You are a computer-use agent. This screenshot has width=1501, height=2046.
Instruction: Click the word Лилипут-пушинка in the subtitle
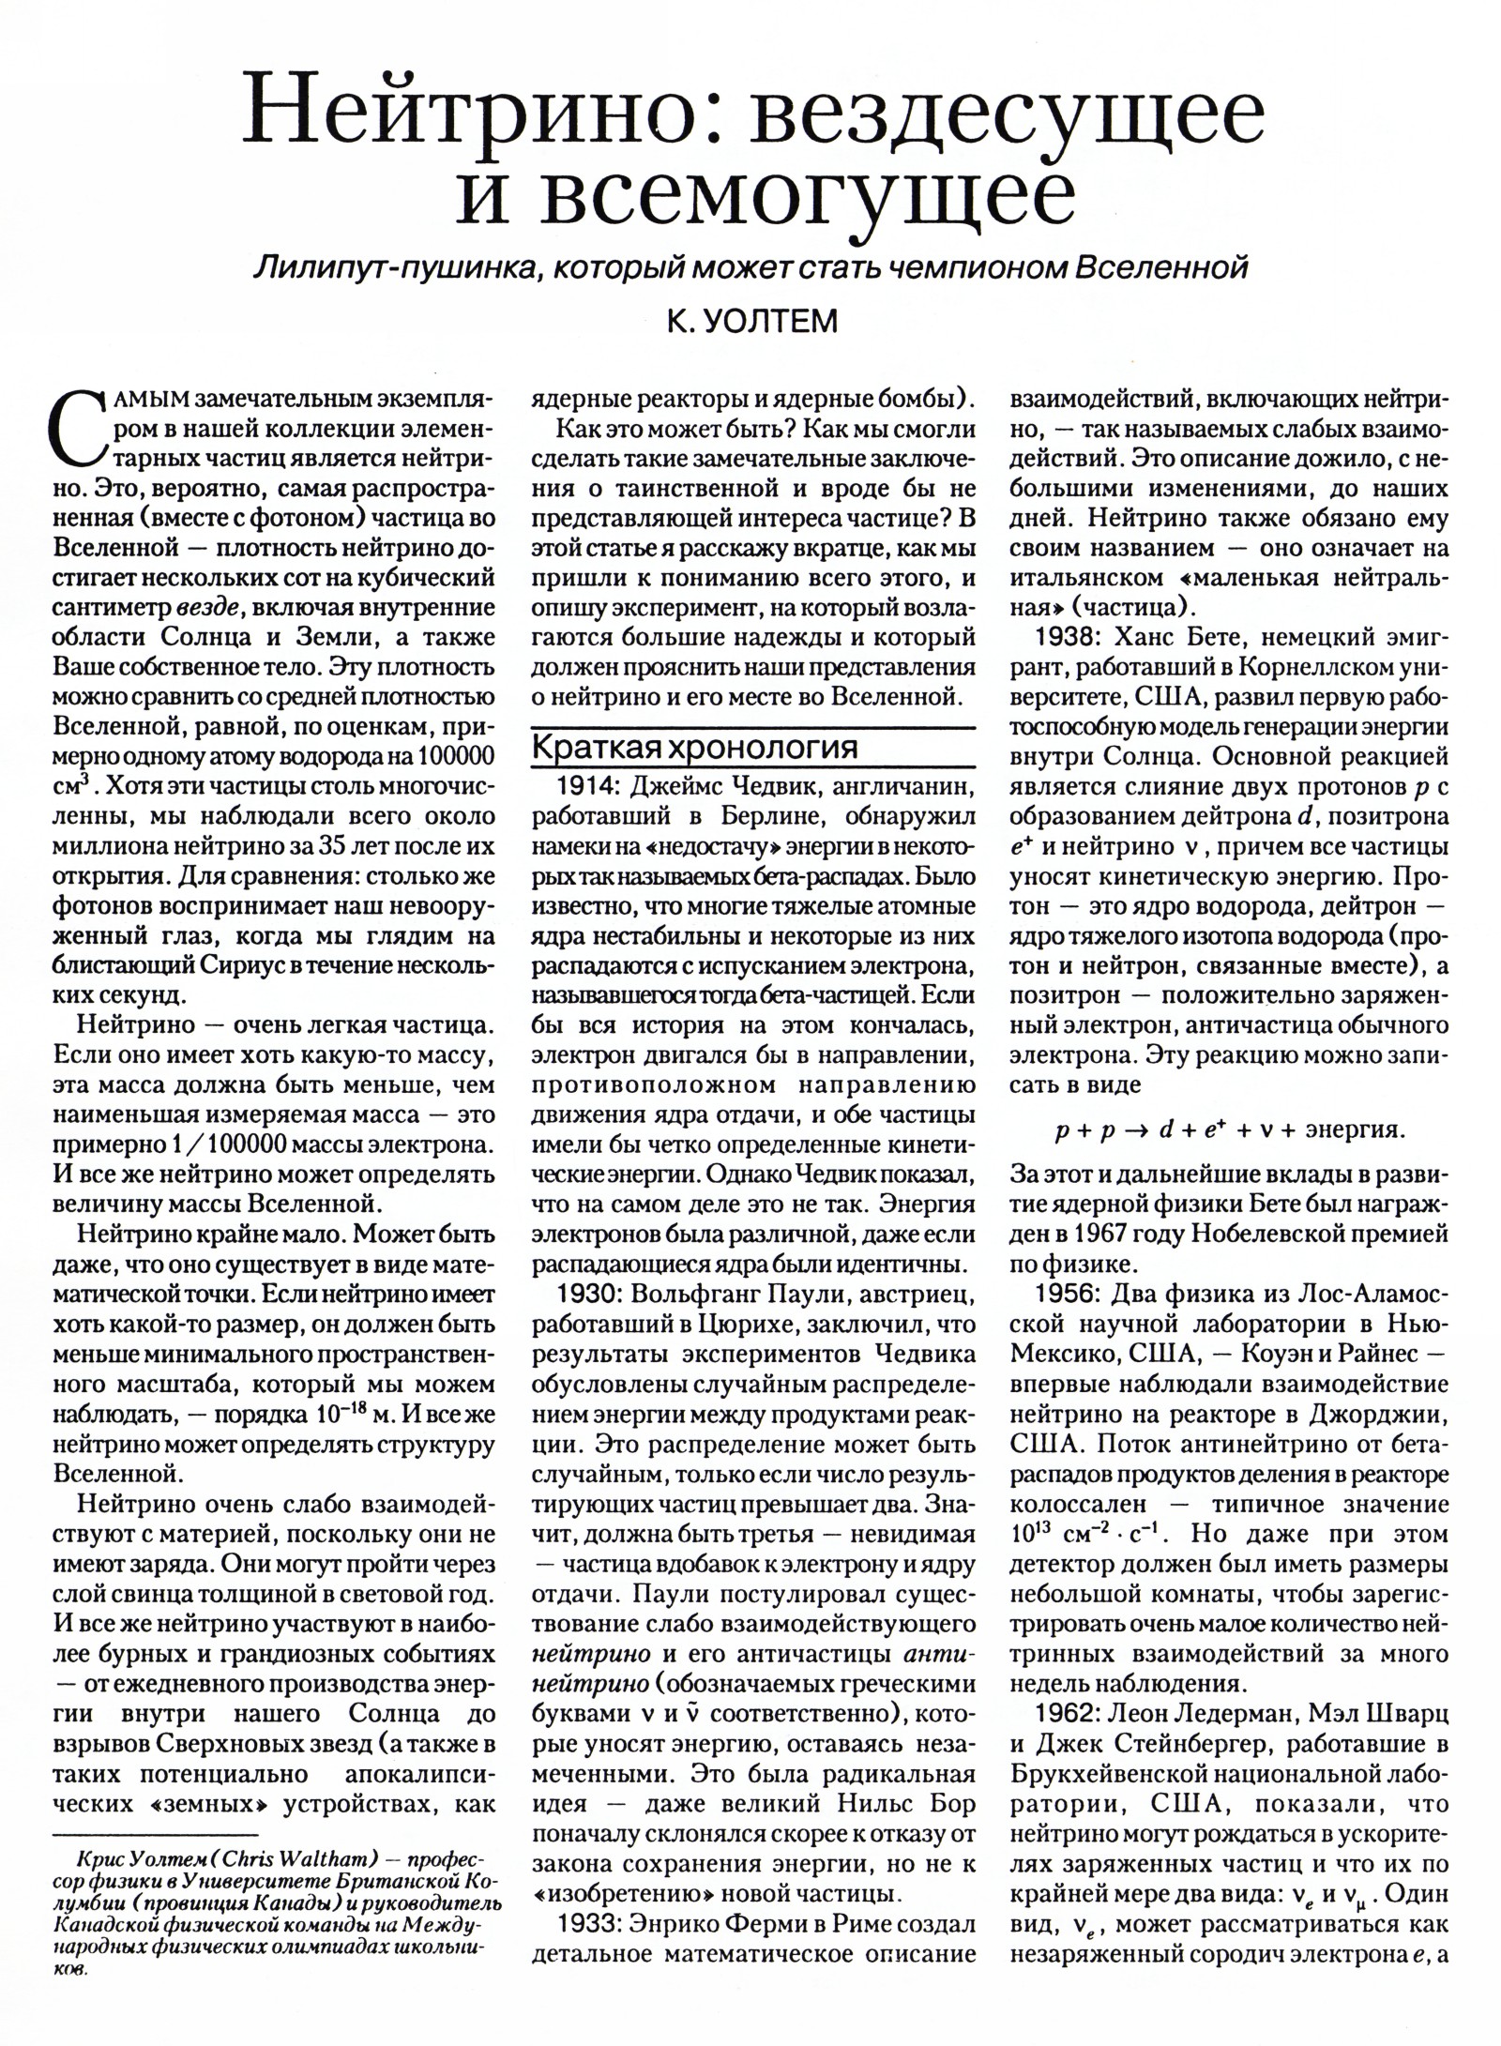[393, 268]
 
